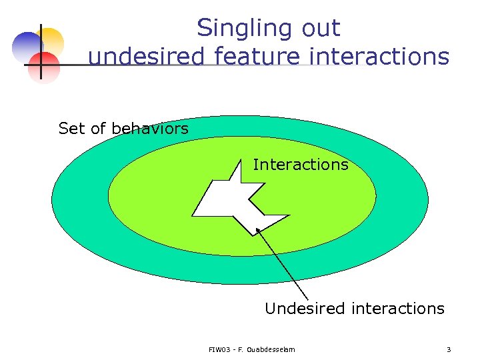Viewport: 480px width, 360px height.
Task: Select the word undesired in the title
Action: point(146,57)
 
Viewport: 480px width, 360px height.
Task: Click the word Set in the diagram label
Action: point(72,128)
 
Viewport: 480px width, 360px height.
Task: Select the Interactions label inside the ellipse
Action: point(301,164)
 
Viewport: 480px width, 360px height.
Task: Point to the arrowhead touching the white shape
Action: point(259,233)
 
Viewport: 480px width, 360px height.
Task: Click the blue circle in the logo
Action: point(27,47)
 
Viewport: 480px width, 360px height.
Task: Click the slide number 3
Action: point(449,349)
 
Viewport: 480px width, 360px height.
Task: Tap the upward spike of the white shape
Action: point(236,172)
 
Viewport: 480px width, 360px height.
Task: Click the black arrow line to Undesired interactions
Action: point(283,267)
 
